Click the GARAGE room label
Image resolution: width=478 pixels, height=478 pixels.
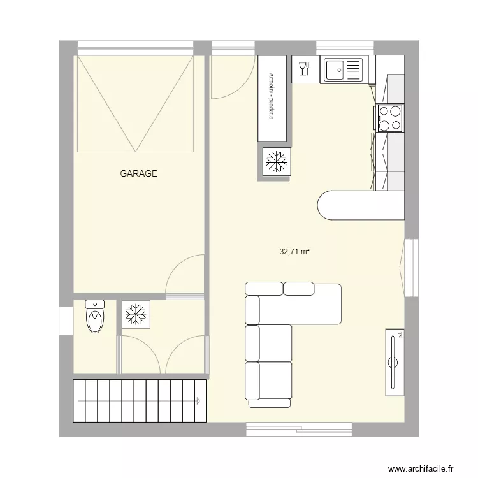138,173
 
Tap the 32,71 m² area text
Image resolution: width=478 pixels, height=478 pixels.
294,252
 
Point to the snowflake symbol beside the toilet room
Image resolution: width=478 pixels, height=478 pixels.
135,314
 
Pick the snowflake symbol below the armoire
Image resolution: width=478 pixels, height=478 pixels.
275,162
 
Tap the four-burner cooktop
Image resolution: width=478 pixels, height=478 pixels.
390,117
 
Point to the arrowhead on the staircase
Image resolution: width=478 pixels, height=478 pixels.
198,401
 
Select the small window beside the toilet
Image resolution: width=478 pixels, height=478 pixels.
64,320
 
